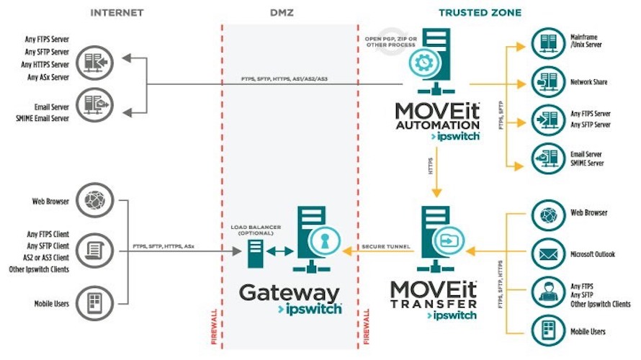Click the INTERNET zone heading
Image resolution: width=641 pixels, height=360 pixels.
coord(117,13)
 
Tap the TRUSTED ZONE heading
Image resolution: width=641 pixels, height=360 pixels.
coord(480,13)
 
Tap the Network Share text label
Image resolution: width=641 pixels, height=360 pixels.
coord(588,82)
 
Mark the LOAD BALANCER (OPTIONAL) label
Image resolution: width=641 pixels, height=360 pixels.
coord(255,229)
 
